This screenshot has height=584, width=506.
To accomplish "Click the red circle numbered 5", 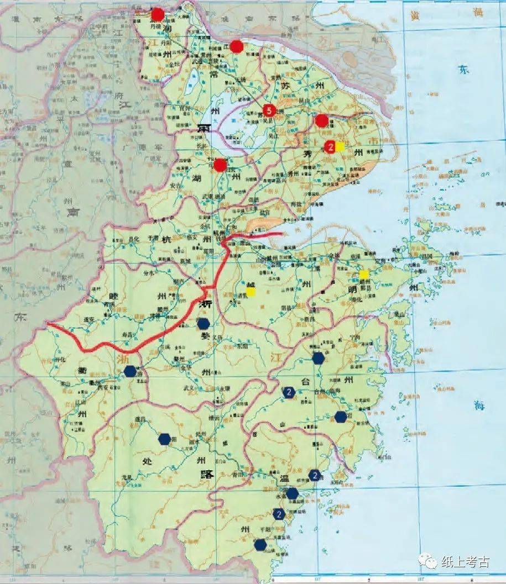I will coord(269,109).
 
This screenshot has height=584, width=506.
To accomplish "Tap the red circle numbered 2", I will coord(330,146).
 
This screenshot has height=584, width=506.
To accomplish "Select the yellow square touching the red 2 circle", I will coord(340,146).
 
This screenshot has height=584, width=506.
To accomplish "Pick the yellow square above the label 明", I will coord(364,274).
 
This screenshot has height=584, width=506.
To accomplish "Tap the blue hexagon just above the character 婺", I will coord(204,323).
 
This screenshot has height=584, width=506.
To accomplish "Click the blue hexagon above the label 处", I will coord(164,439).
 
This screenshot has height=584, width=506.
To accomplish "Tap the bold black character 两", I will coord(202,128).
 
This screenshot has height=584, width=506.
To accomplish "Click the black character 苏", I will coord(285,86).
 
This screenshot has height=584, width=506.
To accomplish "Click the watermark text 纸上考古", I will coord(465,562).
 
